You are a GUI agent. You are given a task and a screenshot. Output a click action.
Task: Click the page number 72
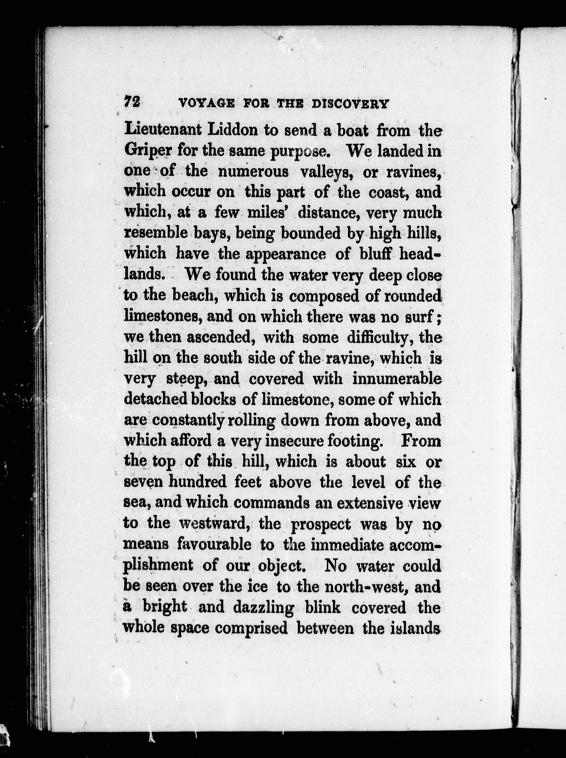(x=132, y=102)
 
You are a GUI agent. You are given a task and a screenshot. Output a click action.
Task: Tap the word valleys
(x=322, y=172)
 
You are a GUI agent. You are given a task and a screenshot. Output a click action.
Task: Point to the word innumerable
(x=396, y=379)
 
